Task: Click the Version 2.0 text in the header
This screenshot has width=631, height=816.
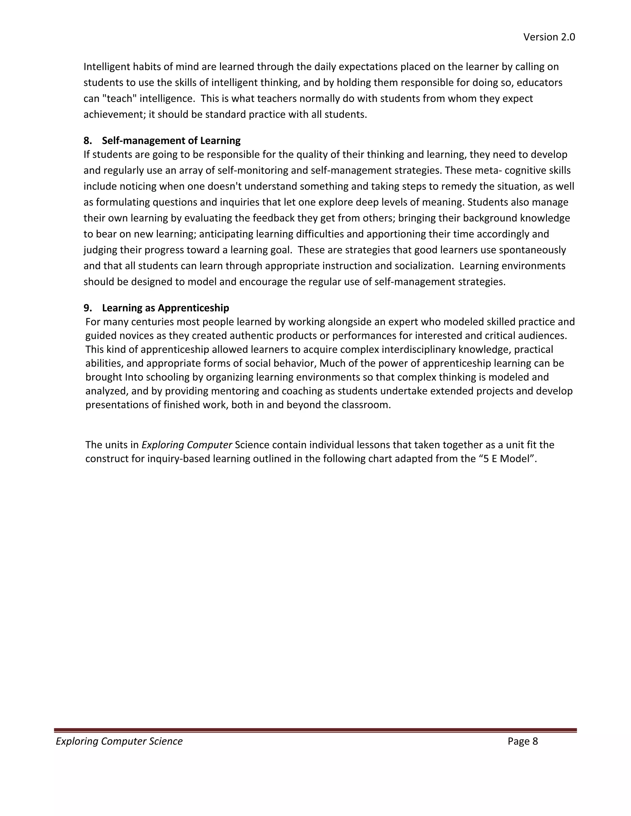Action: [x=549, y=37]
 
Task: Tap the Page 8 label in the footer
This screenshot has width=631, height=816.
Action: [x=522, y=741]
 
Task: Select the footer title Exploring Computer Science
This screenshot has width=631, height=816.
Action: [x=119, y=741]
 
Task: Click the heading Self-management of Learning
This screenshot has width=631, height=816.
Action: [x=171, y=140]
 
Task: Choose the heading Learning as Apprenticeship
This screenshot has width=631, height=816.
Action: [x=165, y=308]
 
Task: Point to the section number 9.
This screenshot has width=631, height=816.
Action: [x=88, y=308]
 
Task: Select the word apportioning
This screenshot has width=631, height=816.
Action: [x=395, y=234]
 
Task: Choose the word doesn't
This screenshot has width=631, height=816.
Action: [x=221, y=186]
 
